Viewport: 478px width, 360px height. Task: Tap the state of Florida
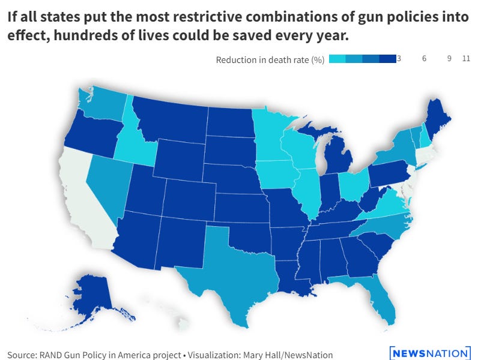(x=375, y=300)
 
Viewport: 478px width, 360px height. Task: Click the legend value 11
(x=466, y=59)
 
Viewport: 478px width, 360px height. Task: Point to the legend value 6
(x=424, y=59)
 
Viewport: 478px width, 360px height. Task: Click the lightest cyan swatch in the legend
(x=336, y=59)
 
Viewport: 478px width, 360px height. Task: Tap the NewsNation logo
(x=429, y=353)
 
